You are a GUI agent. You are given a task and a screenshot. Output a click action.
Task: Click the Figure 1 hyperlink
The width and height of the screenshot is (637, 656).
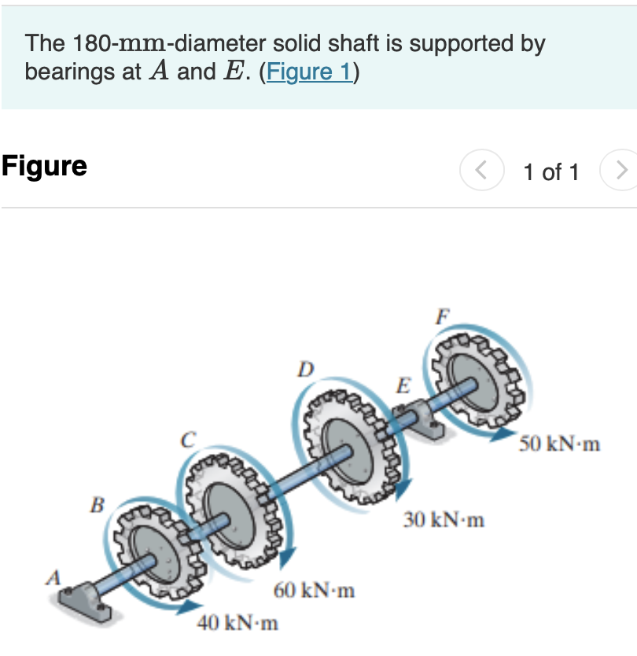309,72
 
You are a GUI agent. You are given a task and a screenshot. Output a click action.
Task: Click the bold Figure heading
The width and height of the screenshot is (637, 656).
44,166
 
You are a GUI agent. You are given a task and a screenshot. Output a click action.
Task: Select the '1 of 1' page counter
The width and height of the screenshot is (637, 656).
550,171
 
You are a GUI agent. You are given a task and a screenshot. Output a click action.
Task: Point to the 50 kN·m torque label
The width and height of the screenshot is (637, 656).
560,444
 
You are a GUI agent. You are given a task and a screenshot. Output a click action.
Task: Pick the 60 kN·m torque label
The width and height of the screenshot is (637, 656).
314,590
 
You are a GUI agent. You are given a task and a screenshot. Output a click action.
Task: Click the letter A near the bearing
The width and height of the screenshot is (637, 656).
53,577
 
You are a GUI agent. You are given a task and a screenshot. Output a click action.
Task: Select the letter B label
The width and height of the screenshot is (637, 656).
97,504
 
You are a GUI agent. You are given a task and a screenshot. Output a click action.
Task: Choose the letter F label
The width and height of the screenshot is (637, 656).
443,318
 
